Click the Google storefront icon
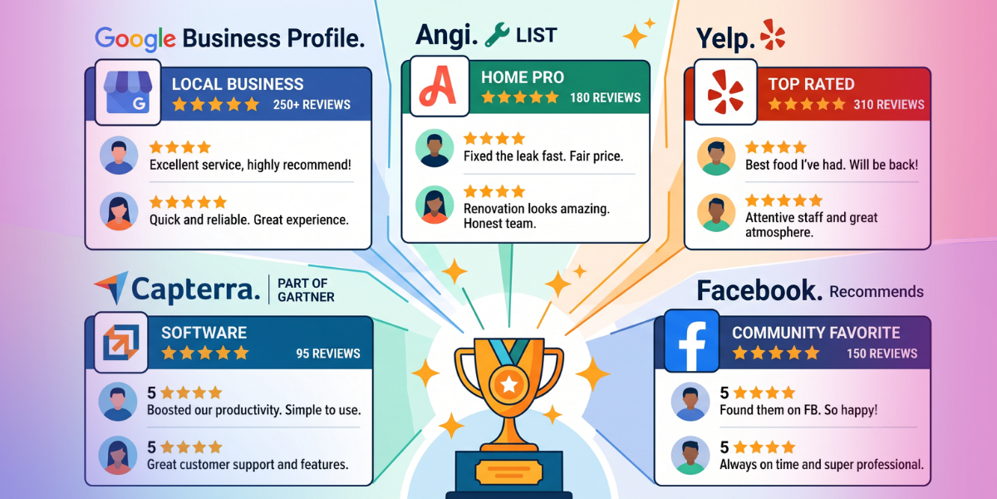(x=128, y=92)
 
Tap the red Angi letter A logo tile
(x=440, y=86)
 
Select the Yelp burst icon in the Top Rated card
(x=725, y=91)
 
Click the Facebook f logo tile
(x=691, y=341)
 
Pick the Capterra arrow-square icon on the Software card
(x=121, y=342)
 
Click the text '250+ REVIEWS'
(x=312, y=105)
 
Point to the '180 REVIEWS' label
(x=606, y=97)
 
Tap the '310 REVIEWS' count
(x=889, y=105)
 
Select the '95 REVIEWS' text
(x=328, y=353)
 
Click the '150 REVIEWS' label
(x=882, y=353)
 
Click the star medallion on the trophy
(x=509, y=384)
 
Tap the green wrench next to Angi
(x=497, y=35)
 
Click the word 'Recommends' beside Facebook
(x=877, y=292)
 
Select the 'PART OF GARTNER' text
(x=306, y=290)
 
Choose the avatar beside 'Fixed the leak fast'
(x=435, y=148)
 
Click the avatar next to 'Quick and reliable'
(x=118, y=211)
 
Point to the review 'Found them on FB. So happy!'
(x=798, y=410)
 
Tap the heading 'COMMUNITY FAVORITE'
(x=816, y=333)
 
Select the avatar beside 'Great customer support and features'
(x=117, y=456)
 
